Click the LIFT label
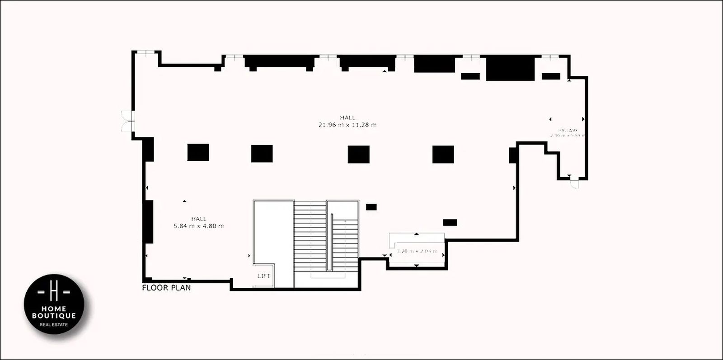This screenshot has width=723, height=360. pos(264,276)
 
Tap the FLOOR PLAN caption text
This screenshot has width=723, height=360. pos(166,288)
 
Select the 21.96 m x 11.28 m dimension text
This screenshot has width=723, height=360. pos(347,125)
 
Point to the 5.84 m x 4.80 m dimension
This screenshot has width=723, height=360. pos(198,226)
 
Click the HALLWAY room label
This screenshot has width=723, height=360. pos(568,130)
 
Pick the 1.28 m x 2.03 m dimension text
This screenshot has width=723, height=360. pos(417,251)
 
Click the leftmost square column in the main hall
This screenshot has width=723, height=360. pos(198,152)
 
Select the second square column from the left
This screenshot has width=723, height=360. pos(262,154)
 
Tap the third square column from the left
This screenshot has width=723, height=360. pos(359,154)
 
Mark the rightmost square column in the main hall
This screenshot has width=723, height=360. pos(443,154)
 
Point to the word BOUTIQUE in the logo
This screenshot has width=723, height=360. pos(54,316)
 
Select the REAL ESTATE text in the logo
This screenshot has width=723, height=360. pos(54,325)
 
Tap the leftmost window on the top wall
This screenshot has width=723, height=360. pos(147,53)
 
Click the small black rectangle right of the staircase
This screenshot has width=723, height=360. pos(371,207)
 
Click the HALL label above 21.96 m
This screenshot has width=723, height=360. pos(347,117)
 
